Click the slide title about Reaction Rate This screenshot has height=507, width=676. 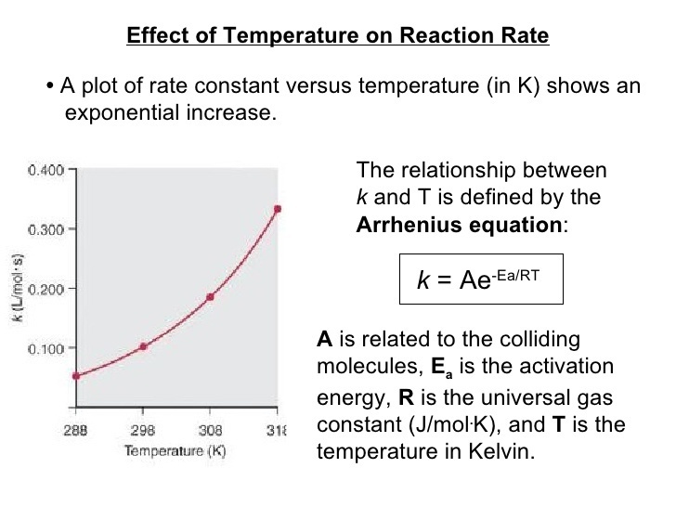pos(337,36)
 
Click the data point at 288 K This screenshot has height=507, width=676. pos(76,376)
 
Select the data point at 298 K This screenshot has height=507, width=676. pos(143,346)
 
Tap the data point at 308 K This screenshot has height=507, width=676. pos(210,297)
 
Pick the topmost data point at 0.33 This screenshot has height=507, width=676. pos(277,209)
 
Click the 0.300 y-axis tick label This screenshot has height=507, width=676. pos(45,229)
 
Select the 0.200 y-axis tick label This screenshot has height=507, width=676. pos(45,289)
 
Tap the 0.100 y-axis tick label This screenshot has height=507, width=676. pos(45,348)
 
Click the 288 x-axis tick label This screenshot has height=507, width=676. pos(76,432)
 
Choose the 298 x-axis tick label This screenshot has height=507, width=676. pos(143,432)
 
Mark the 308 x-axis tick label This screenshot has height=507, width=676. pos(210,432)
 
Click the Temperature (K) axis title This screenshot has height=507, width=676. pos(176,451)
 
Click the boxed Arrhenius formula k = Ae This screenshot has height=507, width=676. pos(481,279)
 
